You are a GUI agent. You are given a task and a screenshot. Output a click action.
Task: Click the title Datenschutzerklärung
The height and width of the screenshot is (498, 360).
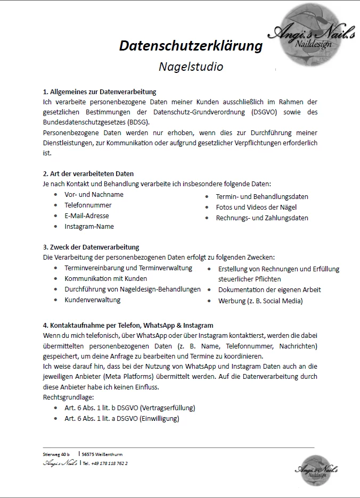(191, 46)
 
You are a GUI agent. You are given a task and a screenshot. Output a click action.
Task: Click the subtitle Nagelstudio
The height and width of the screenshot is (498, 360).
(191, 67)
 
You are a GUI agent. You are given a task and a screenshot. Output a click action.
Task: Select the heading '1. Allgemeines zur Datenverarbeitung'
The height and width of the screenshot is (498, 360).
(99, 92)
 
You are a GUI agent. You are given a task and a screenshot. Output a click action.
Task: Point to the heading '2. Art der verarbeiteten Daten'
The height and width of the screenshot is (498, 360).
(88, 173)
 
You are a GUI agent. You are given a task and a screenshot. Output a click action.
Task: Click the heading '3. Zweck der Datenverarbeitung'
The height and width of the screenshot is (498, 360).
(91, 247)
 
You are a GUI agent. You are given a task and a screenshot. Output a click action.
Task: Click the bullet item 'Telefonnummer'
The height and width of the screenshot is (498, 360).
(88, 205)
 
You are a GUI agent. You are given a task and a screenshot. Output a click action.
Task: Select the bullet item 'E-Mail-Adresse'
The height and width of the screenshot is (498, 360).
(87, 215)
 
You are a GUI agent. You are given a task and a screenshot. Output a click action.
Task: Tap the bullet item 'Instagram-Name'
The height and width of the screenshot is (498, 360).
(89, 226)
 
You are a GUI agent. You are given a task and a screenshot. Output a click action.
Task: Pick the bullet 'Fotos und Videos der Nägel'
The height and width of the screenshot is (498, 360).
(256, 207)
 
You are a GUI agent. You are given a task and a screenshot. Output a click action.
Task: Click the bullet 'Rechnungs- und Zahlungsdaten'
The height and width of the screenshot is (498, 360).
(262, 218)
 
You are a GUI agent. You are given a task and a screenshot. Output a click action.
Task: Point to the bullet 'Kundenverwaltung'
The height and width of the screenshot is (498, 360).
(93, 300)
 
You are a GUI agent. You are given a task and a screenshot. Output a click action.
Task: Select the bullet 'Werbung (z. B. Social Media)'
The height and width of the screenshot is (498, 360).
(260, 301)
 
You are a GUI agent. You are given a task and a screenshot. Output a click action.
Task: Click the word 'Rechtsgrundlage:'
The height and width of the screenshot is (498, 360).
(68, 397)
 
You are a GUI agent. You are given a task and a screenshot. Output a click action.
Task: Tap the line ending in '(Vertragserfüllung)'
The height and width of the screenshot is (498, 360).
(130, 408)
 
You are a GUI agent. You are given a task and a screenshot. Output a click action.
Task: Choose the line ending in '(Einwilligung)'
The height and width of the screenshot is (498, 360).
(122, 418)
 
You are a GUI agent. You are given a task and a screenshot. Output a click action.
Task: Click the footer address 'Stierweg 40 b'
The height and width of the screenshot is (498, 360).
(56, 454)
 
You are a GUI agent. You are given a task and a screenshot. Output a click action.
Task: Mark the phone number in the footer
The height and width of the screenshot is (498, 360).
(109, 463)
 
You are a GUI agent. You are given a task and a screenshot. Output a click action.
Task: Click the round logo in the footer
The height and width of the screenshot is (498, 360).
(316, 469)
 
